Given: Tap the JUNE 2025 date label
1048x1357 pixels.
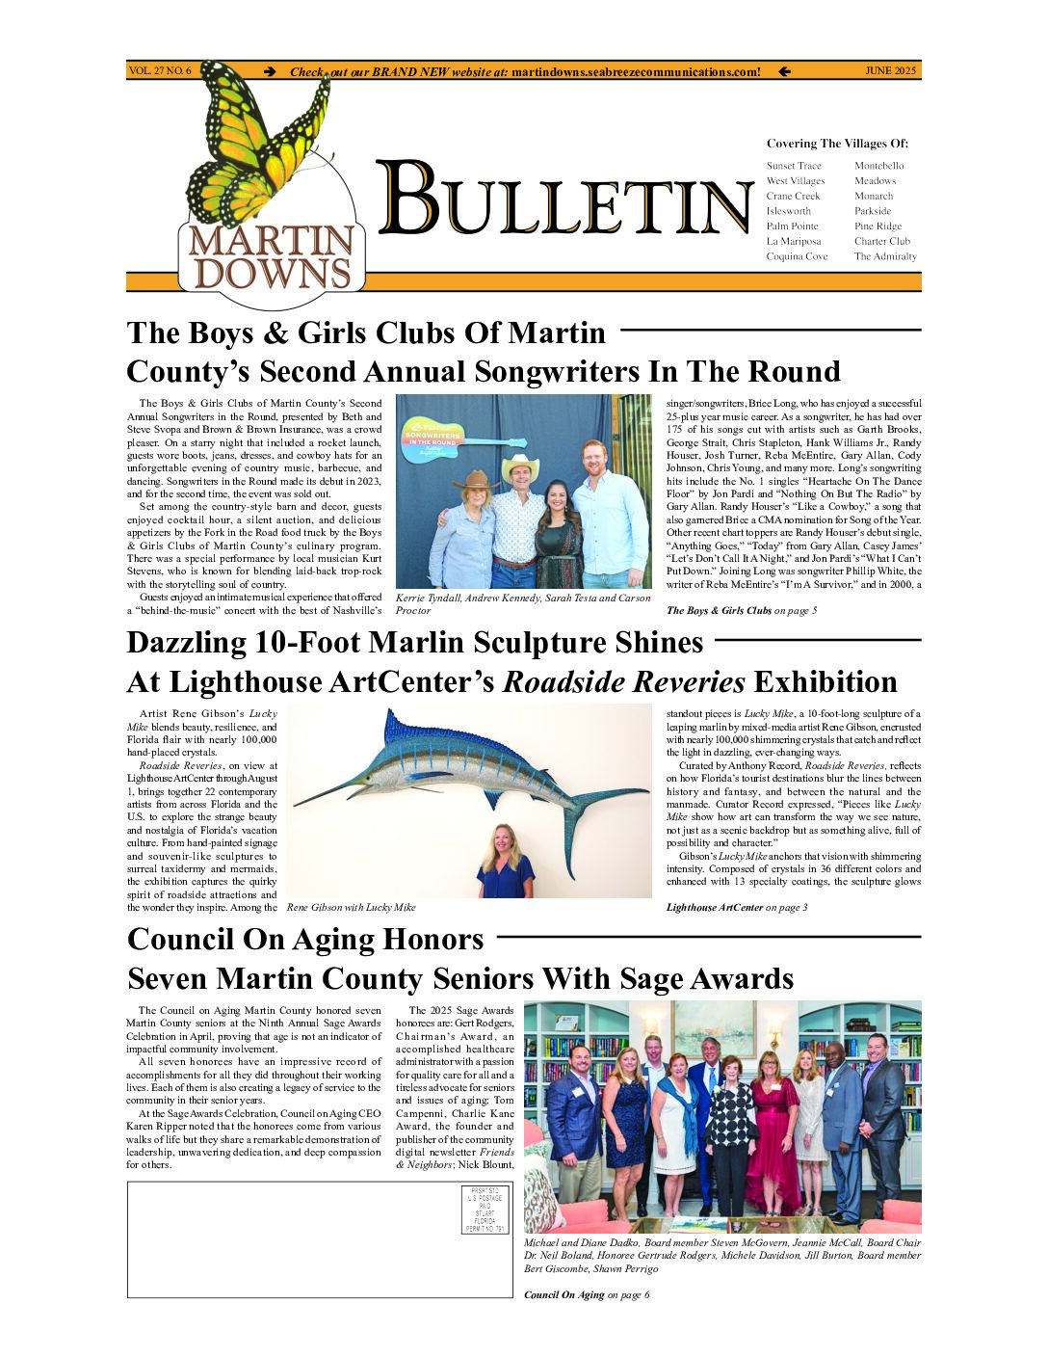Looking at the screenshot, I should pos(890,71).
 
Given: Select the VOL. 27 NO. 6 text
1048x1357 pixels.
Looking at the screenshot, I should pos(160,71).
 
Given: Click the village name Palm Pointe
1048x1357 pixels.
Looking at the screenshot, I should pos(792,226).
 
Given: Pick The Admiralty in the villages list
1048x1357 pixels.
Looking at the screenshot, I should pos(885,256).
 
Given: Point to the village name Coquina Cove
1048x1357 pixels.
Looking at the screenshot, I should pos(797,256).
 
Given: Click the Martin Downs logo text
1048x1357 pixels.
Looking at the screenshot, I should pos(272,257).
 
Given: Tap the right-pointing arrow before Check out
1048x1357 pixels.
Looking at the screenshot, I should pos(271,71).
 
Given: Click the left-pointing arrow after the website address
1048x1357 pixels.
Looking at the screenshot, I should pos(784,71).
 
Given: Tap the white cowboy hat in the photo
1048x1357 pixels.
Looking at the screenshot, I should pos(520,466).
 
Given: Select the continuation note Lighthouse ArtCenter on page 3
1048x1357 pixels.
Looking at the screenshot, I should pos(737,908).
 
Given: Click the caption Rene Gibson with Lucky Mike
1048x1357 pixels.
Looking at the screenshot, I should pos(352,908).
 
